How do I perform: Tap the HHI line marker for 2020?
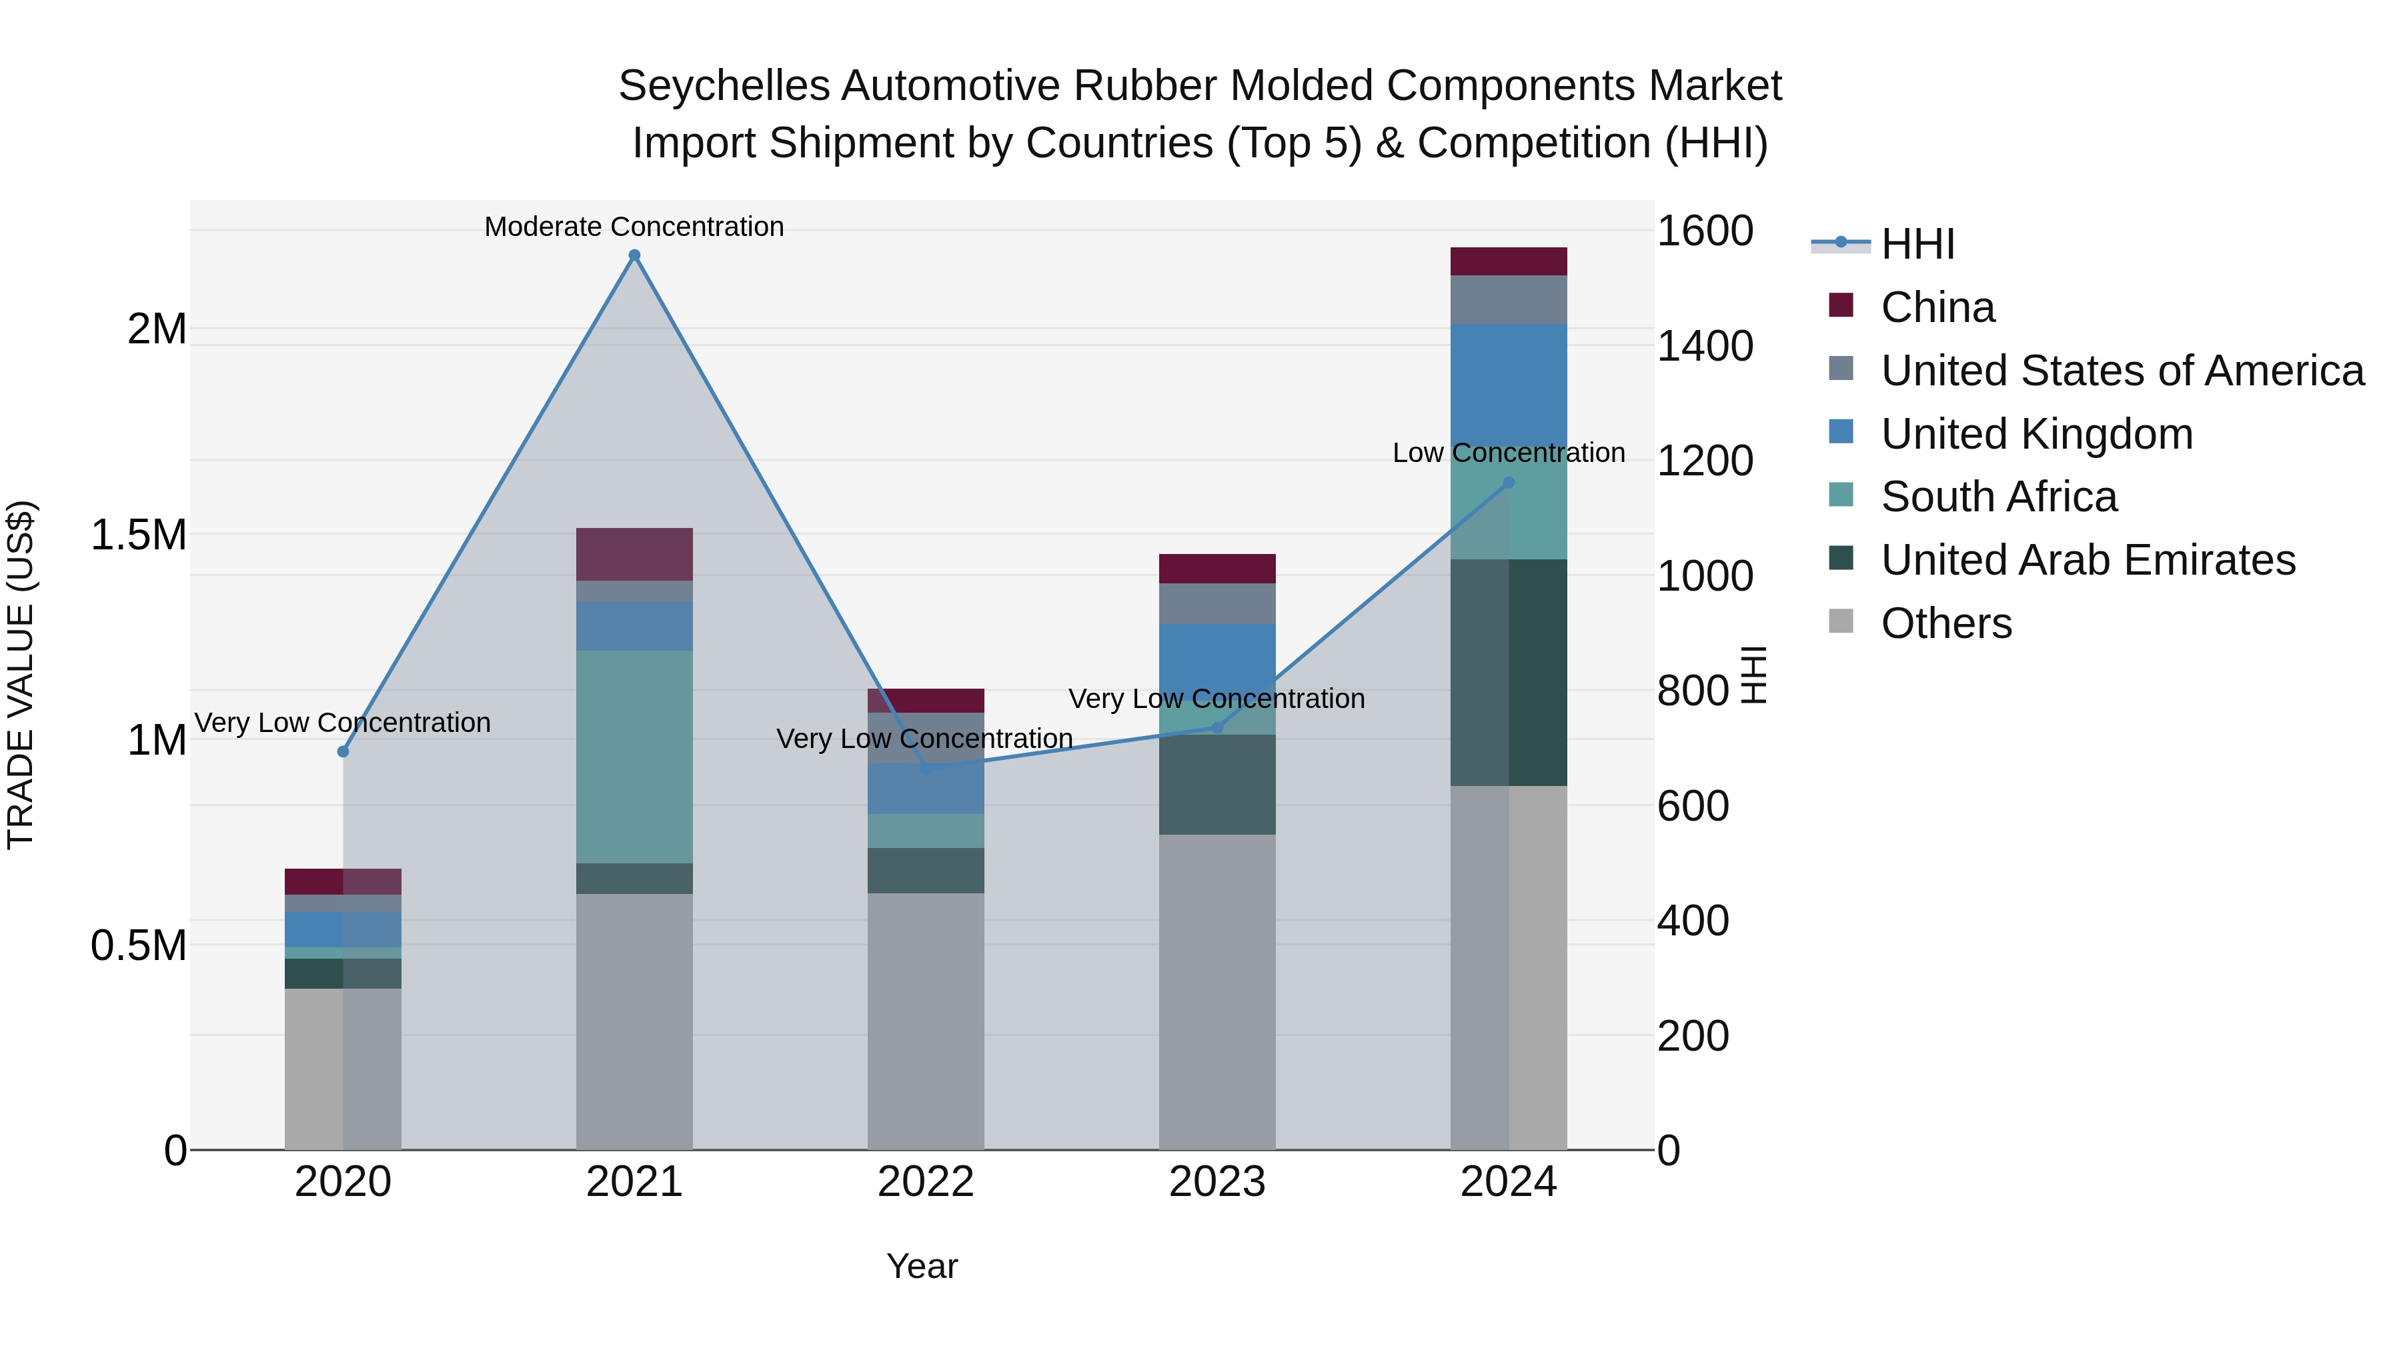tap(343, 751)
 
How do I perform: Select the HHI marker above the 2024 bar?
tap(1509, 483)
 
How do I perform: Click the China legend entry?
tap(1937, 307)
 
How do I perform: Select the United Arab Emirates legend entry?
tap(2088, 560)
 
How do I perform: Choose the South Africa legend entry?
tap(1998, 497)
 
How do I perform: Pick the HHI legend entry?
tap(1917, 244)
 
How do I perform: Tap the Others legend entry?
tap(1946, 623)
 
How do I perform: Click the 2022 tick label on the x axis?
tap(926, 1182)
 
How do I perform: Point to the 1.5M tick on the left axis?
tap(138, 535)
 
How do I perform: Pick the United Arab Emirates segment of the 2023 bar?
tap(1217, 785)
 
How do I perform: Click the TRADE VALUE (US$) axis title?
tap(21, 675)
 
